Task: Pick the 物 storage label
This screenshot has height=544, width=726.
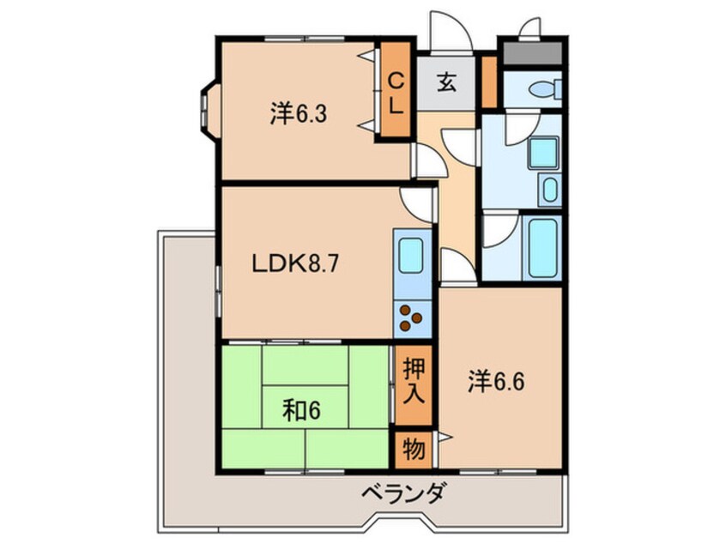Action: tap(413, 449)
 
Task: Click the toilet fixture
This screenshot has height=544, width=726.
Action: tap(542, 88)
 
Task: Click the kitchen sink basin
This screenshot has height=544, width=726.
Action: tap(411, 255)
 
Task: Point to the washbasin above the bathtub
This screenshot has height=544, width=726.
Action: tap(549, 189)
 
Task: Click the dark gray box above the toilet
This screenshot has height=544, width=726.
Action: tap(531, 53)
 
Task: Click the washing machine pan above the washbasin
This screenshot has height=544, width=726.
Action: tap(543, 153)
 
